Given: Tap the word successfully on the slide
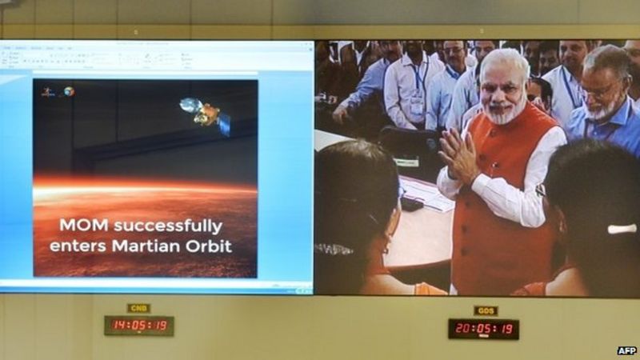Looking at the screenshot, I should click(x=170, y=226).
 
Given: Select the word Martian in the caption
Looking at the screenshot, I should click(x=151, y=246).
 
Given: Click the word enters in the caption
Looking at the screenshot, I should click(x=78, y=246).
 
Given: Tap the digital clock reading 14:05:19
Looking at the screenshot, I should click(x=139, y=326).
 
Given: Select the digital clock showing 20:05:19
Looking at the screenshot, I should click(x=483, y=328).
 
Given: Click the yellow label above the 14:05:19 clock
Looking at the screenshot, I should click(x=139, y=308).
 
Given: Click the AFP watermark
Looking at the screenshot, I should click(x=626, y=350).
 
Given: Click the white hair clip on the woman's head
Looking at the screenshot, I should click(x=622, y=229).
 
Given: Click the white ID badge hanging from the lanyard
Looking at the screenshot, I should click(x=417, y=106).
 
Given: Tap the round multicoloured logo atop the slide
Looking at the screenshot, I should click(x=70, y=92).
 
